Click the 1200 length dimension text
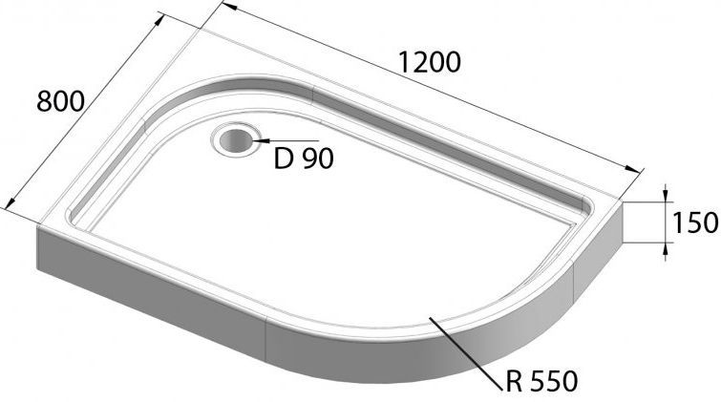tap(430, 62)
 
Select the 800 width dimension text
tap(60, 99)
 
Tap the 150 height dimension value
tap(694, 223)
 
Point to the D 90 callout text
tap(304, 159)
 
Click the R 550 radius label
tap(542, 382)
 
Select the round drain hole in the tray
tap(235, 141)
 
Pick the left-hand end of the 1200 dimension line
tap(225, 8)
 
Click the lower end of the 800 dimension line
tap(9, 204)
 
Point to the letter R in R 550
tap(517, 382)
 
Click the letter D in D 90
tap(283, 159)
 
